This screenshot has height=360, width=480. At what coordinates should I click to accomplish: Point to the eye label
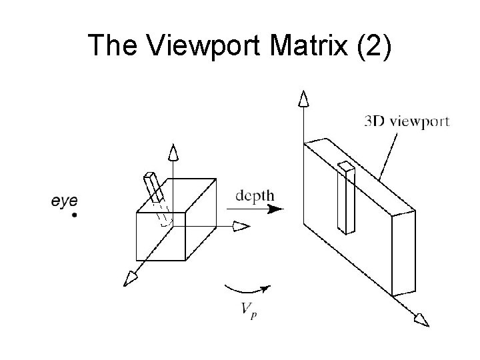65,200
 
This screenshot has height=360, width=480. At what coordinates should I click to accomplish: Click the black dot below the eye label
75,215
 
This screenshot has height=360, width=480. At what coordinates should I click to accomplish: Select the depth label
255,196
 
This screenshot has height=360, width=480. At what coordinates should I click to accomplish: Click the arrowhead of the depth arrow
276,209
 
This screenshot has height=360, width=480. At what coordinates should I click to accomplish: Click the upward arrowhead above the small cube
173,153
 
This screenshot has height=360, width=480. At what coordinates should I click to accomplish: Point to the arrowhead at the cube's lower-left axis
128,278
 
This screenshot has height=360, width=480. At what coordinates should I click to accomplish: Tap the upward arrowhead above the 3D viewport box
303,100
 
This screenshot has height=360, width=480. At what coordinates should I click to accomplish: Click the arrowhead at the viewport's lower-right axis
421,321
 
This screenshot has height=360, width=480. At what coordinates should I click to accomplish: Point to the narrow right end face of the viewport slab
404,253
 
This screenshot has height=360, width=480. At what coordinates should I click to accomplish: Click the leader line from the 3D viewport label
389,154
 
